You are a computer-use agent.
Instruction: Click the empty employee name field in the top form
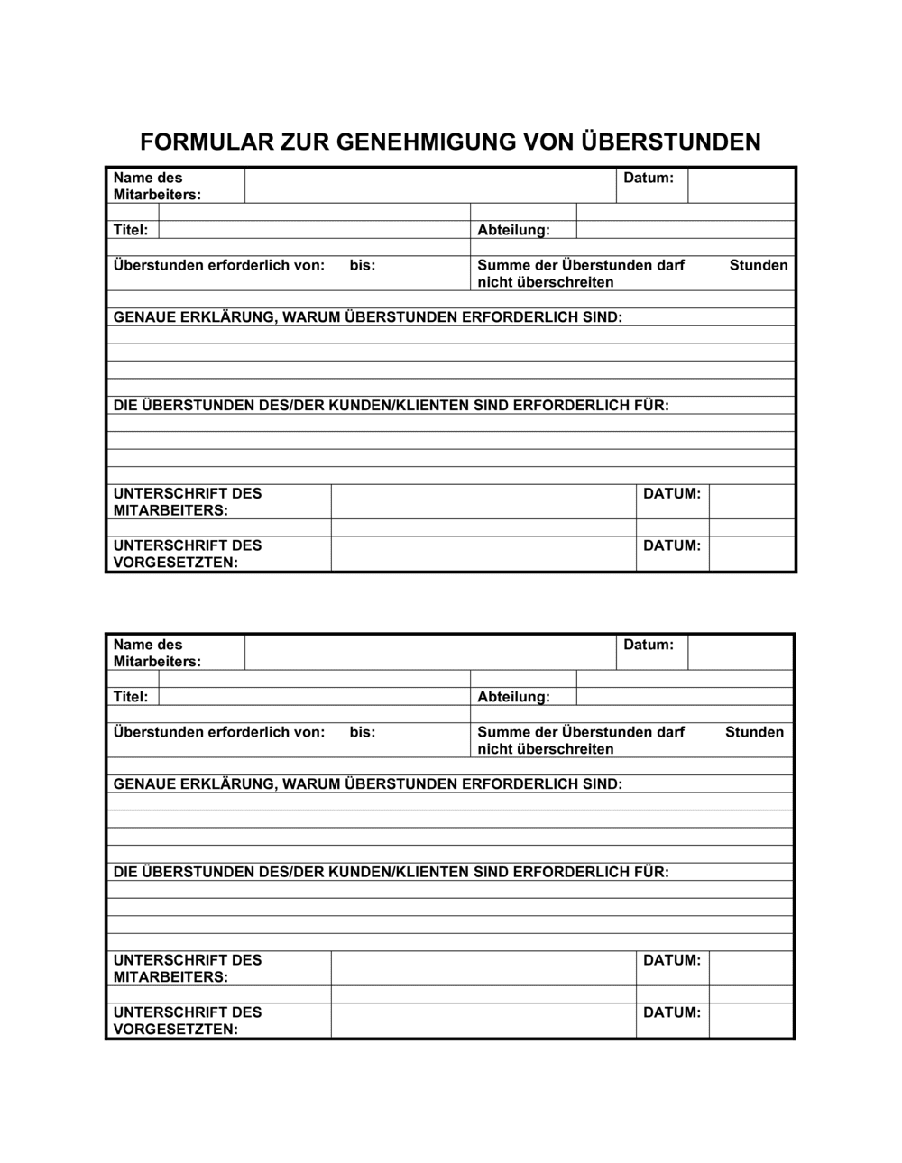point(429,186)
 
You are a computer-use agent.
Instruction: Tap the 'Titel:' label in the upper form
point(131,230)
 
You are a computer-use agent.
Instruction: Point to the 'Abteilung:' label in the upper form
point(513,230)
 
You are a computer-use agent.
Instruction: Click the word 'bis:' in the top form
point(363,265)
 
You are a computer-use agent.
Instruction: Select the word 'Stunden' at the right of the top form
point(758,265)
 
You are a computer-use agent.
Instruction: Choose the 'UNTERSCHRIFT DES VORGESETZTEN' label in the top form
point(188,554)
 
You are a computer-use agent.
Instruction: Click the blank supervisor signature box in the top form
point(483,554)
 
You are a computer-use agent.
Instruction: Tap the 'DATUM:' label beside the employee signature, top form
point(672,494)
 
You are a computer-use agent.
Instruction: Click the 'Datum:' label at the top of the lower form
point(649,645)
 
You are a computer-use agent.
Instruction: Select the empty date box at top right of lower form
point(740,652)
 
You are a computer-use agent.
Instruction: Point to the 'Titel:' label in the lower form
point(131,697)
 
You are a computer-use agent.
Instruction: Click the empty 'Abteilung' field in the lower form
point(684,697)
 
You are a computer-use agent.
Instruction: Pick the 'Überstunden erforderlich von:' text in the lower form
point(218,732)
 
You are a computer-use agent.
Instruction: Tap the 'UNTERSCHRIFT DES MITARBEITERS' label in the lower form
point(188,968)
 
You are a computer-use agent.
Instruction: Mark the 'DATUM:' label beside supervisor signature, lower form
point(672,1012)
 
